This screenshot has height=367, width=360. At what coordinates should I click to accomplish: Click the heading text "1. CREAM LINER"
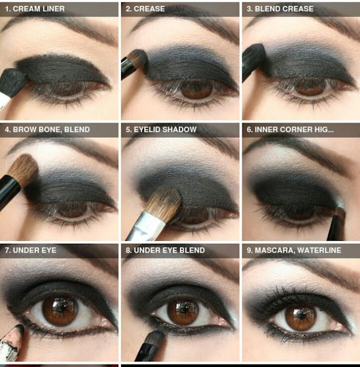pyautogui.click(x=34, y=9)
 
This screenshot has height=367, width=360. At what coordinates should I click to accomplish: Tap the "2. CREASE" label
pyautogui.click(x=145, y=9)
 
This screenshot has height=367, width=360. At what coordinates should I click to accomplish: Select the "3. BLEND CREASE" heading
pyautogui.click(x=280, y=9)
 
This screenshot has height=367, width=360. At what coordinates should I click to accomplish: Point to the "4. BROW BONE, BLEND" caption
pyautogui.click(x=47, y=130)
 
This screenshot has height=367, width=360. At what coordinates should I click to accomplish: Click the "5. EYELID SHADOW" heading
pyautogui.click(x=161, y=130)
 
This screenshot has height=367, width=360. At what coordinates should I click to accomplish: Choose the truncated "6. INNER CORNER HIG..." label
pyautogui.click(x=290, y=130)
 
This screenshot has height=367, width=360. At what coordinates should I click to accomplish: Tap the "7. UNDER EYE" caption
pyautogui.click(x=30, y=250)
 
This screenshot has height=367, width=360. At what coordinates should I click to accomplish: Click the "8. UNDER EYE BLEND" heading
pyautogui.click(x=165, y=250)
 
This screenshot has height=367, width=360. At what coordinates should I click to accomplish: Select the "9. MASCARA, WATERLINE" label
pyautogui.click(x=293, y=250)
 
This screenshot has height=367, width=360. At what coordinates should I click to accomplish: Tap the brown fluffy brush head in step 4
pyautogui.click(x=24, y=169)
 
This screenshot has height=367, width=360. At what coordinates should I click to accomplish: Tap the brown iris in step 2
pyautogui.click(x=196, y=89)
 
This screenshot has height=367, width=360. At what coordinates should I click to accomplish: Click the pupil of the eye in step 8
pyautogui.click(x=184, y=311)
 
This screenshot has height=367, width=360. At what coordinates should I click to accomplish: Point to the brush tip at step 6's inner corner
pyautogui.click(x=340, y=212)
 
